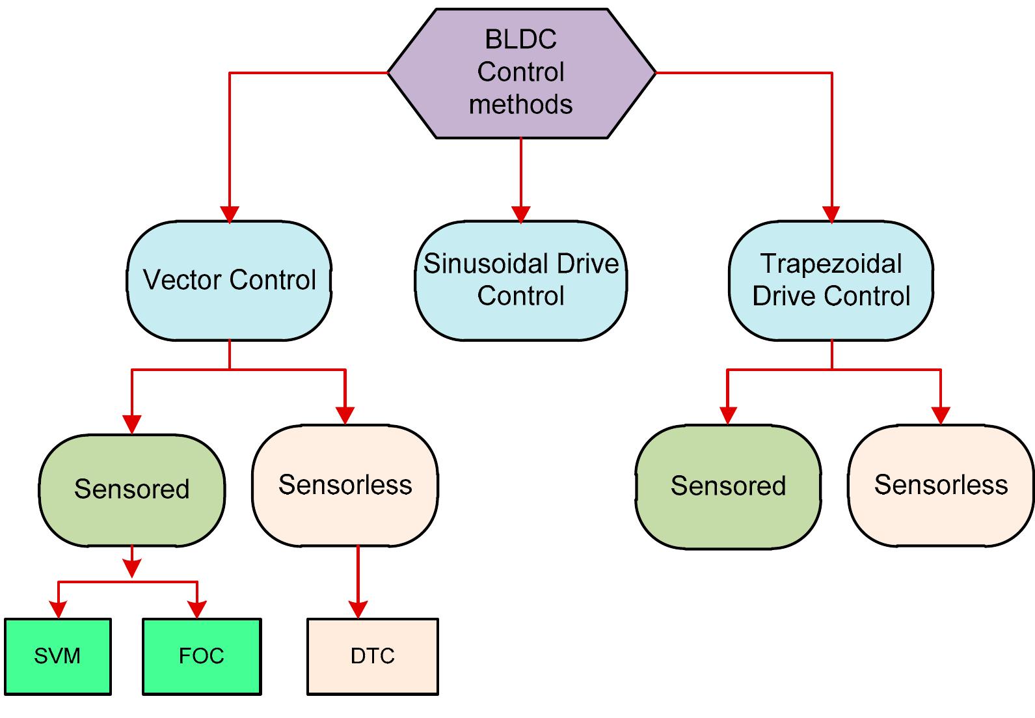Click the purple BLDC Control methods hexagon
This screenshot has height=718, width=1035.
pyautogui.click(x=521, y=73)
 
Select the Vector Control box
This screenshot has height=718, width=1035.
pyautogui.click(x=229, y=281)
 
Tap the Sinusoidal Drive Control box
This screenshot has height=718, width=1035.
pyautogui.click(x=521, y=281)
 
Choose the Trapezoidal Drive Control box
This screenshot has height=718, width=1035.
pyautogui.click(x=831, y=281)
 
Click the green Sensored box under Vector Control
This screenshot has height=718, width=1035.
pyautogui.click(x=132, y=490)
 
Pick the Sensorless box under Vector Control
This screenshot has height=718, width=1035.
pyautogui.click(x=345, y=486)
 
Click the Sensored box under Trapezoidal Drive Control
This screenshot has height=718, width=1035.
pyautogui.click(x=728, y=486)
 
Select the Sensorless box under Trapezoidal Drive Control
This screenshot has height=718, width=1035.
pyautogui.click(x=941, y=486)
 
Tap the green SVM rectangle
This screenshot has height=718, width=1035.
pyautogui.click(x=58, y=656)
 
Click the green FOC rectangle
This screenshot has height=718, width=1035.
pyautogui.click(x=202, y=656)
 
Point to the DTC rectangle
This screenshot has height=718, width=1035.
pyautogui.click(x=373, y=656)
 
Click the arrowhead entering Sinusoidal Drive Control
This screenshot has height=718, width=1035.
pyautogui.click(x=521, y=214)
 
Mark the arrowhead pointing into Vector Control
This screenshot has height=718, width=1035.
pyautogui.click(x=229, y=214)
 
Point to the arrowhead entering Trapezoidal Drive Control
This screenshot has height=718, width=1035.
pyautogui.click(x=831, y=214)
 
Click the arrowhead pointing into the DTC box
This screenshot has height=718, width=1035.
pyautogui.click(x=358, y=609)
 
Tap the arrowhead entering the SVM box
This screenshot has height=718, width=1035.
pyautogui.click(x=59, y=609)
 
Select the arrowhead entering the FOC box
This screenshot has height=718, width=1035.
pyautogui.click(x=197, y=609)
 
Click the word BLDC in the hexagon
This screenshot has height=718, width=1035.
pyautogui.click(x=521, y=40)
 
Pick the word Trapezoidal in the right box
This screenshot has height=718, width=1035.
pyautogui.click(x=831, y=264)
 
